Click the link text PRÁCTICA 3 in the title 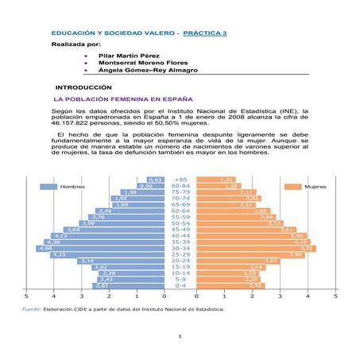coord(204,34)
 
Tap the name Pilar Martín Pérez coord(127,57)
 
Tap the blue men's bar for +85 coord(156,180)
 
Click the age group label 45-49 coord(180,230)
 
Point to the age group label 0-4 coord(180,285)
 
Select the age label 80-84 coord(180,186)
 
